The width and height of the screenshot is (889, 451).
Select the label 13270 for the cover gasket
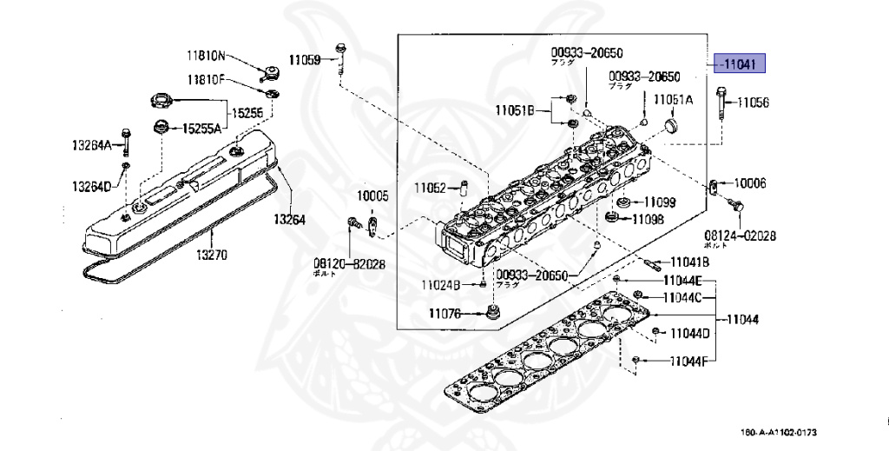(211, 255)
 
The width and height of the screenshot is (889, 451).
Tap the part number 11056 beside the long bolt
(753, 103)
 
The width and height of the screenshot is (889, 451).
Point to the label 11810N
(205, 56)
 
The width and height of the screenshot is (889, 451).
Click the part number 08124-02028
(741, 236)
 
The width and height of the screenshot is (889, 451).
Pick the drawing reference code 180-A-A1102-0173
(779, 433)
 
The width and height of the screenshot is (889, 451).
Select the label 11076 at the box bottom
(451, 313)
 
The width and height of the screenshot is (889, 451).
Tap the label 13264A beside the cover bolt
(92, 145)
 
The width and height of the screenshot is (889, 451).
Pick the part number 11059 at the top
(305, 60)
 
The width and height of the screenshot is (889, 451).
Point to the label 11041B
(688, 262)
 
